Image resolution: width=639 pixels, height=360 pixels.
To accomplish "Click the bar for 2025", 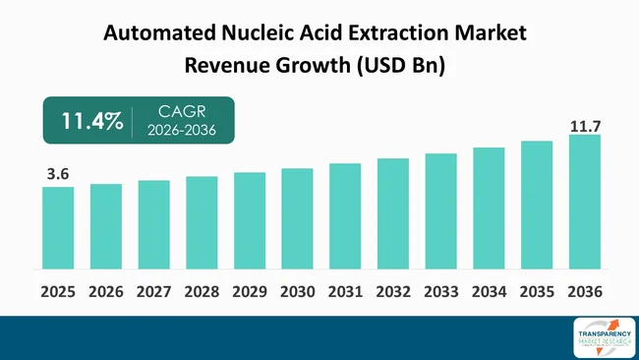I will pyautogui.click(x=58, y=227).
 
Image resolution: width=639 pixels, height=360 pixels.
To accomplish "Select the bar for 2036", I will pyautogui.click(x=585, y=202).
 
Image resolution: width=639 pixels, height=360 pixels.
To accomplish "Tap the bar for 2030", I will pyautogui.click(x=297, y=218).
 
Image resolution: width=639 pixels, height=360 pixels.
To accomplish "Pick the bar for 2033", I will pyautogui.click(x=441, y=210).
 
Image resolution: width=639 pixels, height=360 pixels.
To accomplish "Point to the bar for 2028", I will pyautogui.click(x=202, y=222).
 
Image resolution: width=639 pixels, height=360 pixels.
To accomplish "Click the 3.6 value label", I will pyautogui.click(x=58, y=174).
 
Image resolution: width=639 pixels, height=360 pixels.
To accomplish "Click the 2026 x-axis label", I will pyautogui.click(x=106, y=292).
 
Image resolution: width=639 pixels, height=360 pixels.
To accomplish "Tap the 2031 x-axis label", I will pyautogui.click(x=345, y=292).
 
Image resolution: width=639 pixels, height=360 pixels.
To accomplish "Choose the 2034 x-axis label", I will pyautogui.click(x=489, y=292).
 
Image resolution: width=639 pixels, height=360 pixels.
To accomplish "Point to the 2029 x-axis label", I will pyautogui.click(x=250, y=292).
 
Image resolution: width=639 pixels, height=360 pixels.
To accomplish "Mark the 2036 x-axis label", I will pyautogui.click(x=585, y=292).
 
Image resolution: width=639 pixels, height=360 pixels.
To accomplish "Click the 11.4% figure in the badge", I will pyautogui.click(x=92, y=122).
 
